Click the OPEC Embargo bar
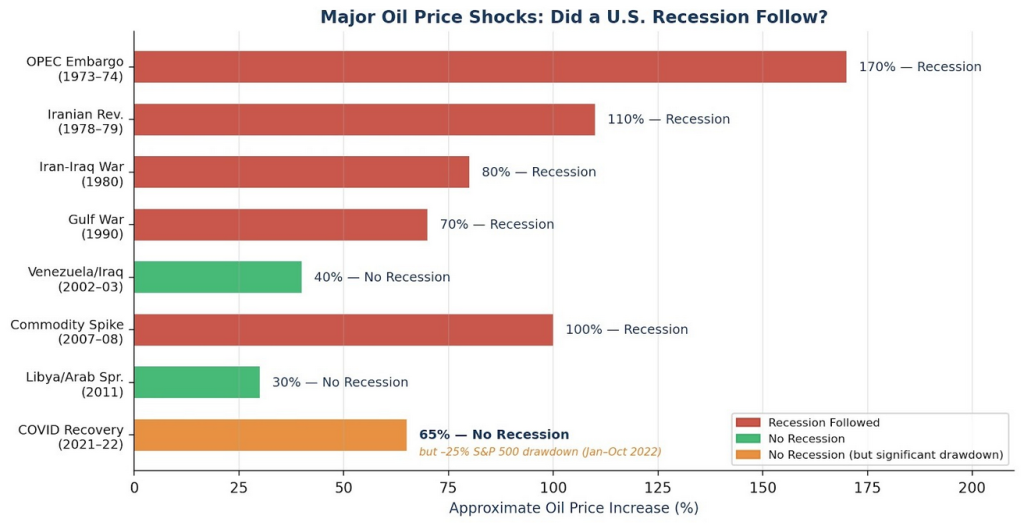(x=490, y=67)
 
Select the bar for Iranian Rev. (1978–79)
(x=364, y=119)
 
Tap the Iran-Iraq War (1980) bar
(x=301, y=172)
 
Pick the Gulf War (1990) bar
(x=280, y=225)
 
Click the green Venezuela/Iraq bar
(x=218, y=277)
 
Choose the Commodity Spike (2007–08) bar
(x=343, y=330)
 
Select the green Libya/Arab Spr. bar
(x=197, y=382)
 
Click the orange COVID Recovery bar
(x=270, y=435)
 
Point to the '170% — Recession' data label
(x=920, y=67)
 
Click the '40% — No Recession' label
(x=382, y=277)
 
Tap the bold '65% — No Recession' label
(x=494, y=435)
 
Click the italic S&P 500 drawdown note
(x=540, y=452)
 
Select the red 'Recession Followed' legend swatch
(x=747, y=423)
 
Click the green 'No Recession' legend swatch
(x=747, y=439)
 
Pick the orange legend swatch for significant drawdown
(x=747, y=456)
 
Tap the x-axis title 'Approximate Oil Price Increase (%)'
(x=573, y=509)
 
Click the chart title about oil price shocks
(x=573, y=17)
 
